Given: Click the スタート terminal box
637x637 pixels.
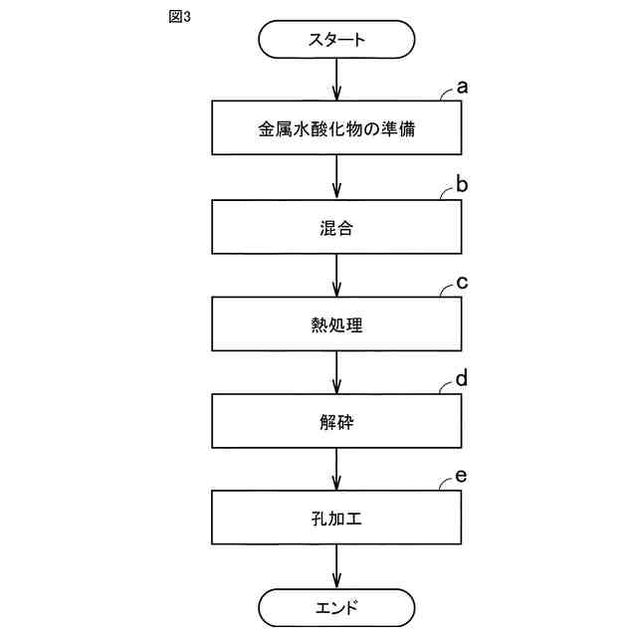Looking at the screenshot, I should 337,40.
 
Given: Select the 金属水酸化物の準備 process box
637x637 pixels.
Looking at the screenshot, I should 337,128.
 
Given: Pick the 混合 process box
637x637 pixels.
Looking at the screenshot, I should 337,226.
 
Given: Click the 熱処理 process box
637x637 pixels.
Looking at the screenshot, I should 337,323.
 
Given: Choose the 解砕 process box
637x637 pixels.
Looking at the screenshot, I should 337,421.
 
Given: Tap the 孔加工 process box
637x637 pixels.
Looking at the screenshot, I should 337,518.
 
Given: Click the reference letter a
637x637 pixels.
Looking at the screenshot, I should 462,88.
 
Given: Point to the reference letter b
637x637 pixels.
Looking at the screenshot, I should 462,184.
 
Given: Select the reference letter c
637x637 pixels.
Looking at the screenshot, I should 462,282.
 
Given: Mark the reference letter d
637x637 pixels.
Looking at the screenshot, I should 462,379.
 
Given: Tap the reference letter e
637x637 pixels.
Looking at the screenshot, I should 462,477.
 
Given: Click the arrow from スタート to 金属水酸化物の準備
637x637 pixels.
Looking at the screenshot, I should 337,80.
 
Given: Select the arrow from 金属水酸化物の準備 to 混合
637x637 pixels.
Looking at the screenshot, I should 337,177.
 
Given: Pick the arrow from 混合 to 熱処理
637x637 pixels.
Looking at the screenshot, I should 337,275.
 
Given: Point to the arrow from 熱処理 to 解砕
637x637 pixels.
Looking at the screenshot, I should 337,372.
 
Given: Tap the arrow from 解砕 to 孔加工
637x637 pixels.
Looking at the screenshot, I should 337,470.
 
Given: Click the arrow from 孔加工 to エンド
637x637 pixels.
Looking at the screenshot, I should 337,565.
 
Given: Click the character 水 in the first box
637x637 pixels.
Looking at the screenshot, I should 302,129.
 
